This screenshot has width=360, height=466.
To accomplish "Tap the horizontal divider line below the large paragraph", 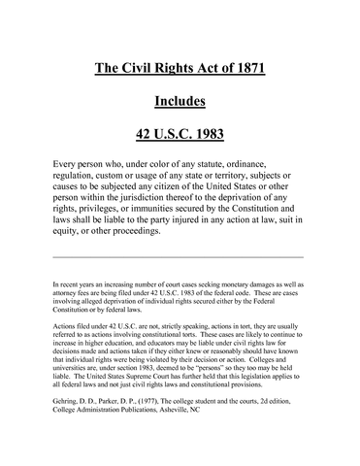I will [180, 256].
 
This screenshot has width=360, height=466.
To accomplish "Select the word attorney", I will [68, 294].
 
